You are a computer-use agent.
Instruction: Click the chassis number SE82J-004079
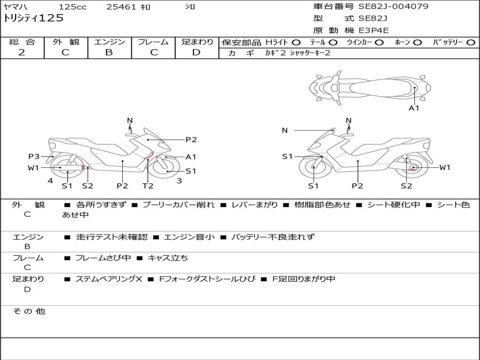coord(393,7)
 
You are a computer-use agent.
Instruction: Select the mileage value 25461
coord(121,7)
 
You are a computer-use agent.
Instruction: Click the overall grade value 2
coord(22,52)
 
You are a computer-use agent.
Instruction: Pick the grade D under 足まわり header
coord(196,52)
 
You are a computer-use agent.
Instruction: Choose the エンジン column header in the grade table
coord(109,42)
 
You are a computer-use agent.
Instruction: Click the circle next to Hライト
coord(296,42)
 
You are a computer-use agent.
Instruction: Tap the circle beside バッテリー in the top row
coord(471,42)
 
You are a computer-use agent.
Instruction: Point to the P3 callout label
coord(34,157)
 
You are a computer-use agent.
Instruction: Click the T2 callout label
coord(148,186)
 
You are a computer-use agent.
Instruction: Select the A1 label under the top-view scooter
coord(414,108)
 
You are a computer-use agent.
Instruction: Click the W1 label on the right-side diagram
coord(444,167)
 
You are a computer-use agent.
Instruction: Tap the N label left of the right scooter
coord(285,130)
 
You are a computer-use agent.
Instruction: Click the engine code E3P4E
coord(374,30)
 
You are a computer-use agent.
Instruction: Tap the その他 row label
coord(29,311)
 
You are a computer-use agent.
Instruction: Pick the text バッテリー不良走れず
coord(273,237)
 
